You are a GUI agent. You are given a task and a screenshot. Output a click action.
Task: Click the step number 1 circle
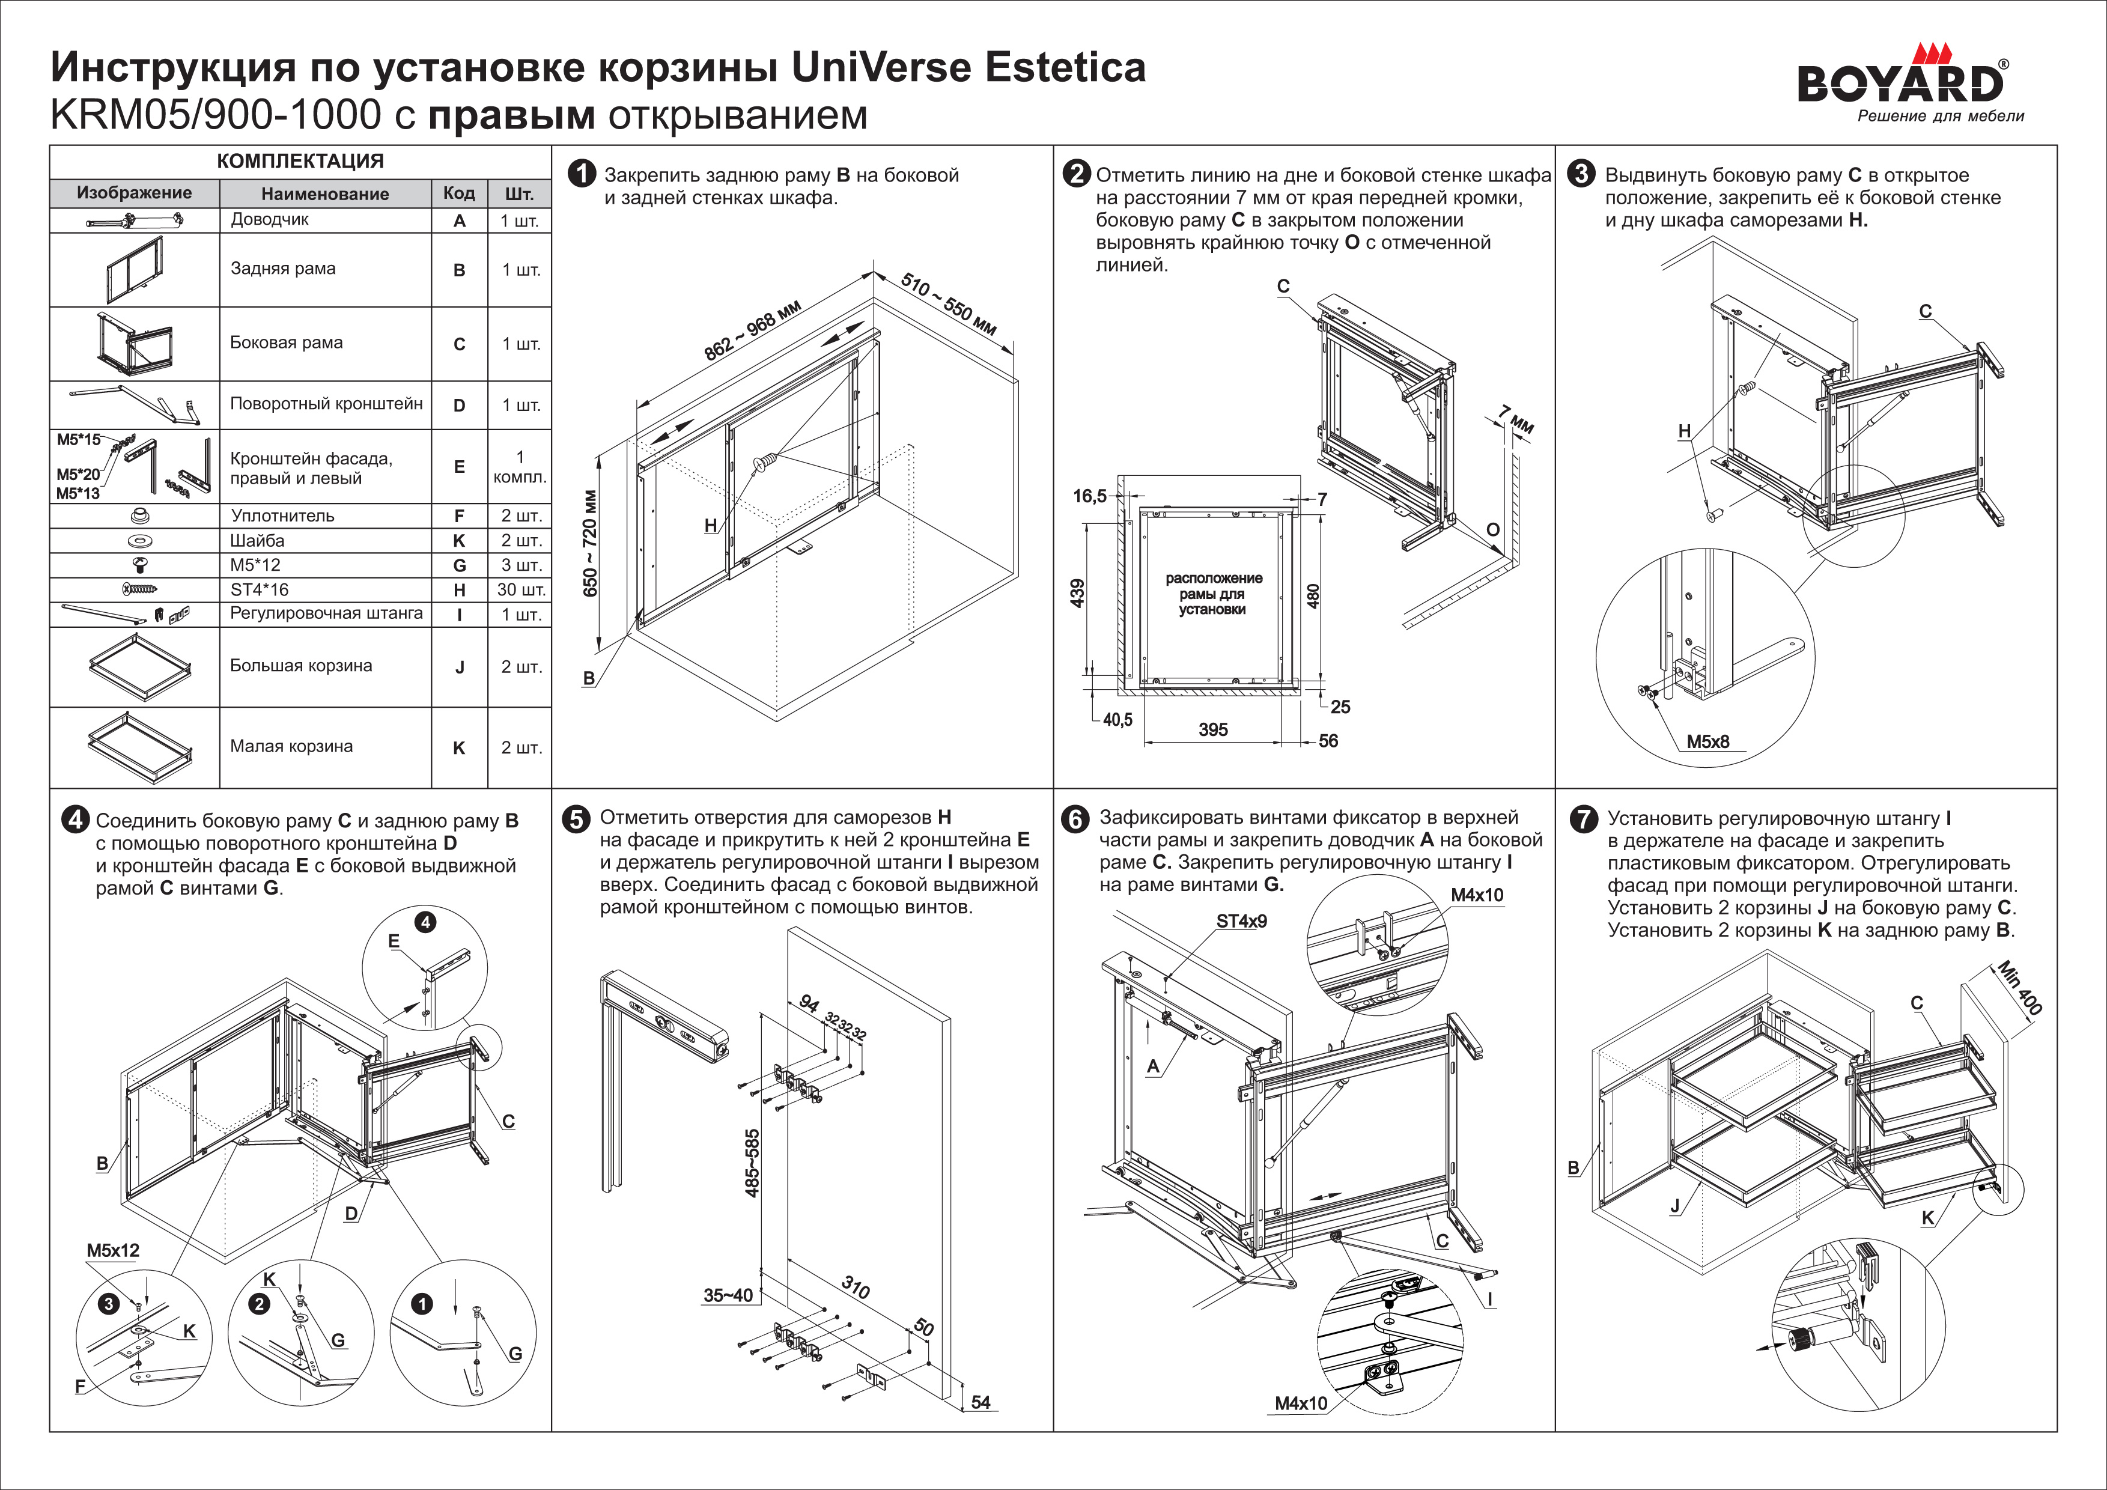pos(582,174)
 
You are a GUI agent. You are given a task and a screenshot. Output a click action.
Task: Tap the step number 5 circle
pos(576,818)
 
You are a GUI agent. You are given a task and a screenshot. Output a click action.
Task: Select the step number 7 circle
pos(1584,818)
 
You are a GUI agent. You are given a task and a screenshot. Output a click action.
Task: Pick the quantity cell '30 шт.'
pos(520,590)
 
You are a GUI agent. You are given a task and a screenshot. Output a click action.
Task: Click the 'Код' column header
pos(459,193)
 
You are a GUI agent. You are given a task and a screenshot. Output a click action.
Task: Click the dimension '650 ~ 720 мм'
pos(589,543)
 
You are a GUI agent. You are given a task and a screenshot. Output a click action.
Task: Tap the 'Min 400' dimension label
pos(2020,988)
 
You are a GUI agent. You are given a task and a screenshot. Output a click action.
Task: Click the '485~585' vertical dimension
pos(752,1163)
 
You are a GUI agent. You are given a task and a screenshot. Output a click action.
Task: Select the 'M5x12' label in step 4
pos(113,1250)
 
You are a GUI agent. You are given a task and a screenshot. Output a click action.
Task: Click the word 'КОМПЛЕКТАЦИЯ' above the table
pos(300,162)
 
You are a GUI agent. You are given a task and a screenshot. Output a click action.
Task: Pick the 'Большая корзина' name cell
pos(301,666)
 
